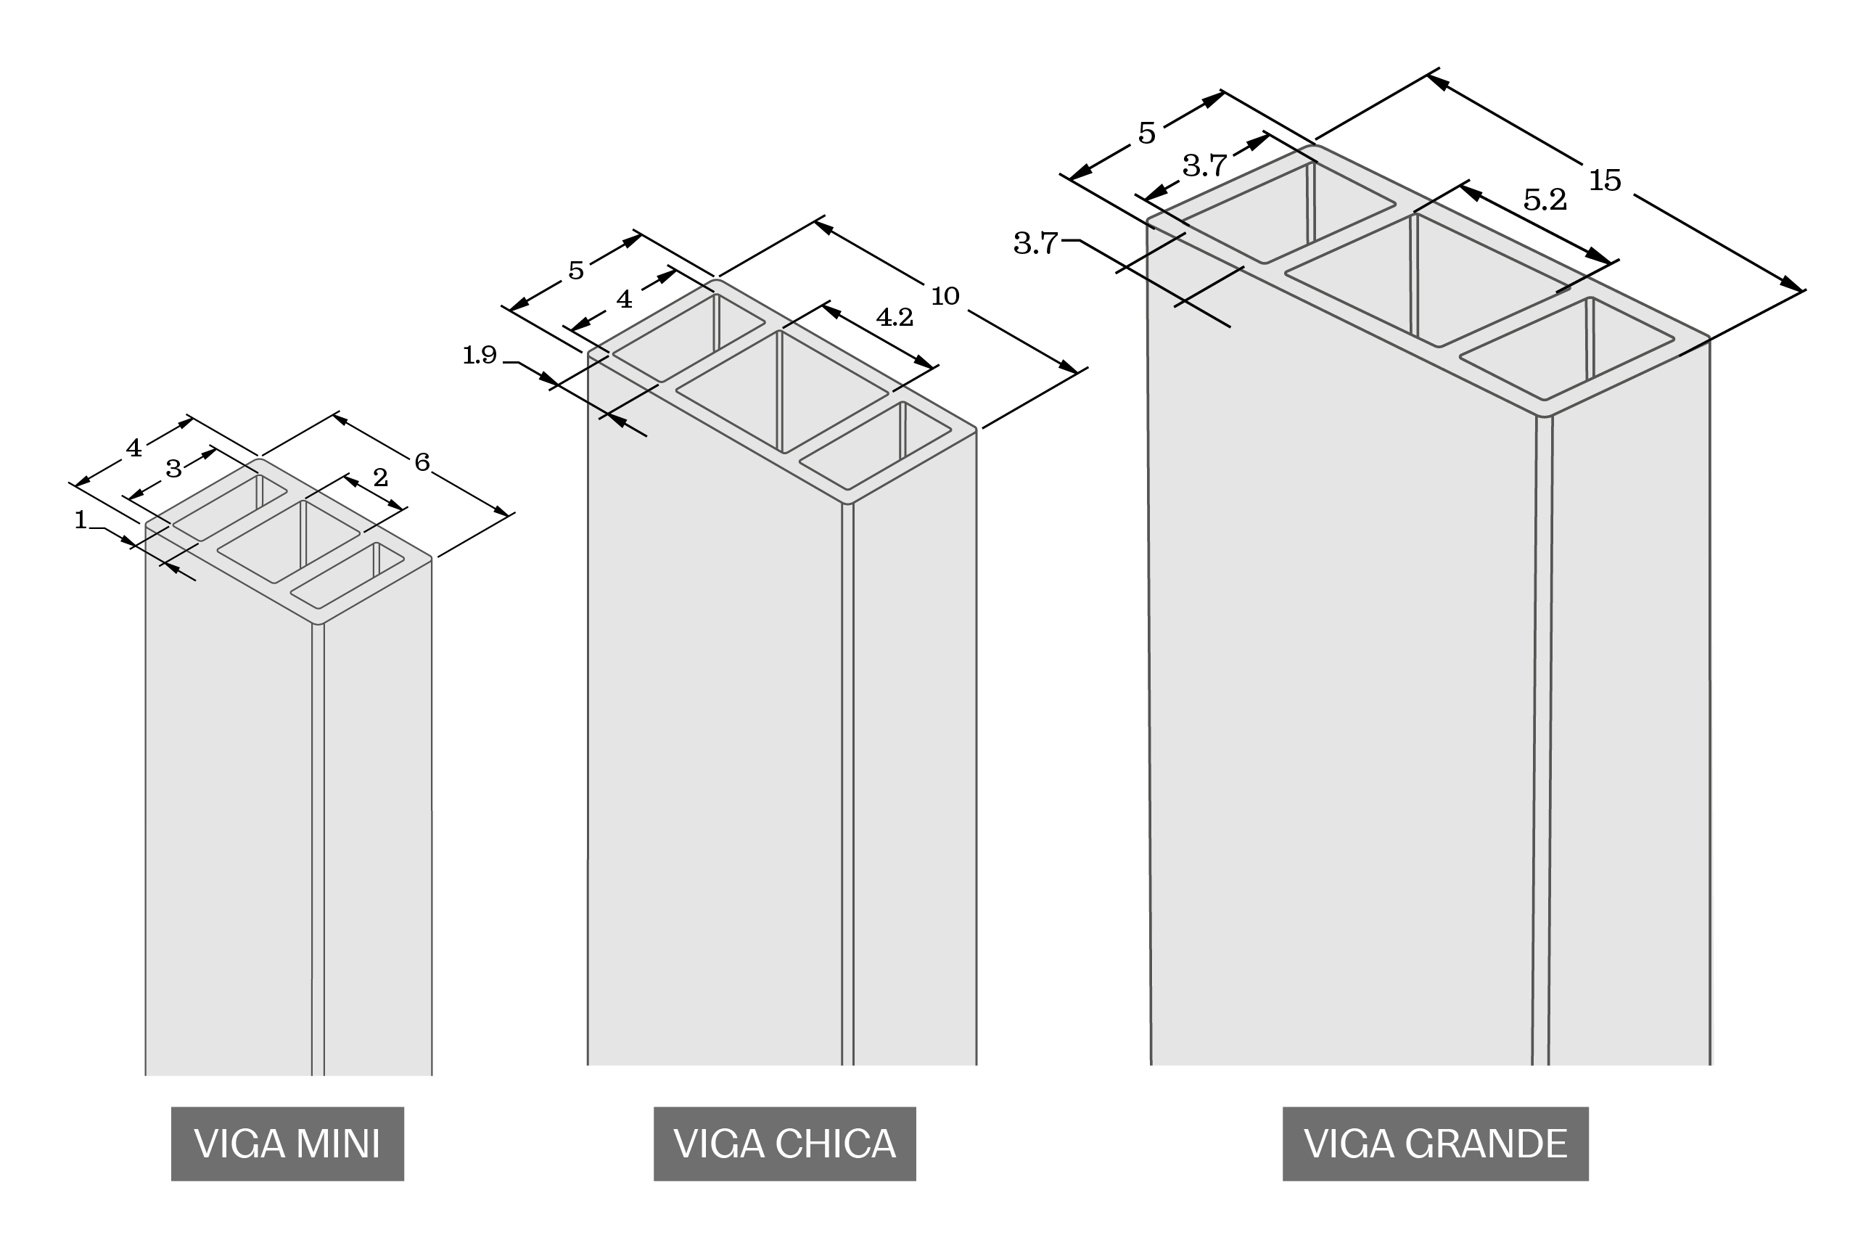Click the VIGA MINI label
coord(287,1144)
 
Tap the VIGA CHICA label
coord(784,1144)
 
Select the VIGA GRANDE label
coord(1435,1144)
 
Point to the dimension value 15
coord(1605,181)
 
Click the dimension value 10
coord(945,297)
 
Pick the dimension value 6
coord(422,462)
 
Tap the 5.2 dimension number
coord(1545,201)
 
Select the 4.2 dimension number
coord(895,317)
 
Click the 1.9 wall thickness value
coord(480,356)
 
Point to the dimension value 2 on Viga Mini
coord(380,477)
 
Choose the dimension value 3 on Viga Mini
coord(174,469)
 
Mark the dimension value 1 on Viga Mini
coord(81,520)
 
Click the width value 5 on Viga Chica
coord(577,271)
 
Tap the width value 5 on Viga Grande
coord(1147,134)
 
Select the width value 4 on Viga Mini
coord(134,448)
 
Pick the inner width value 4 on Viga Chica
coord(624,299)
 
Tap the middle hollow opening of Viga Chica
coord(782,391)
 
